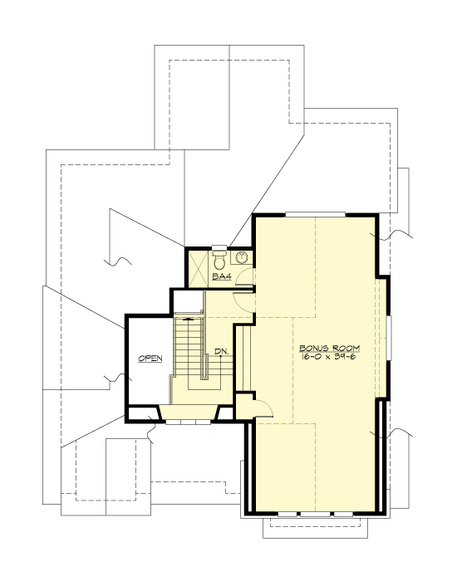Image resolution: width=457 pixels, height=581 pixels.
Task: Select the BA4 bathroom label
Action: tap(222, 276)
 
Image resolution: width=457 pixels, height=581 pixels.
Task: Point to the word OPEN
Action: tap(150, 359)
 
